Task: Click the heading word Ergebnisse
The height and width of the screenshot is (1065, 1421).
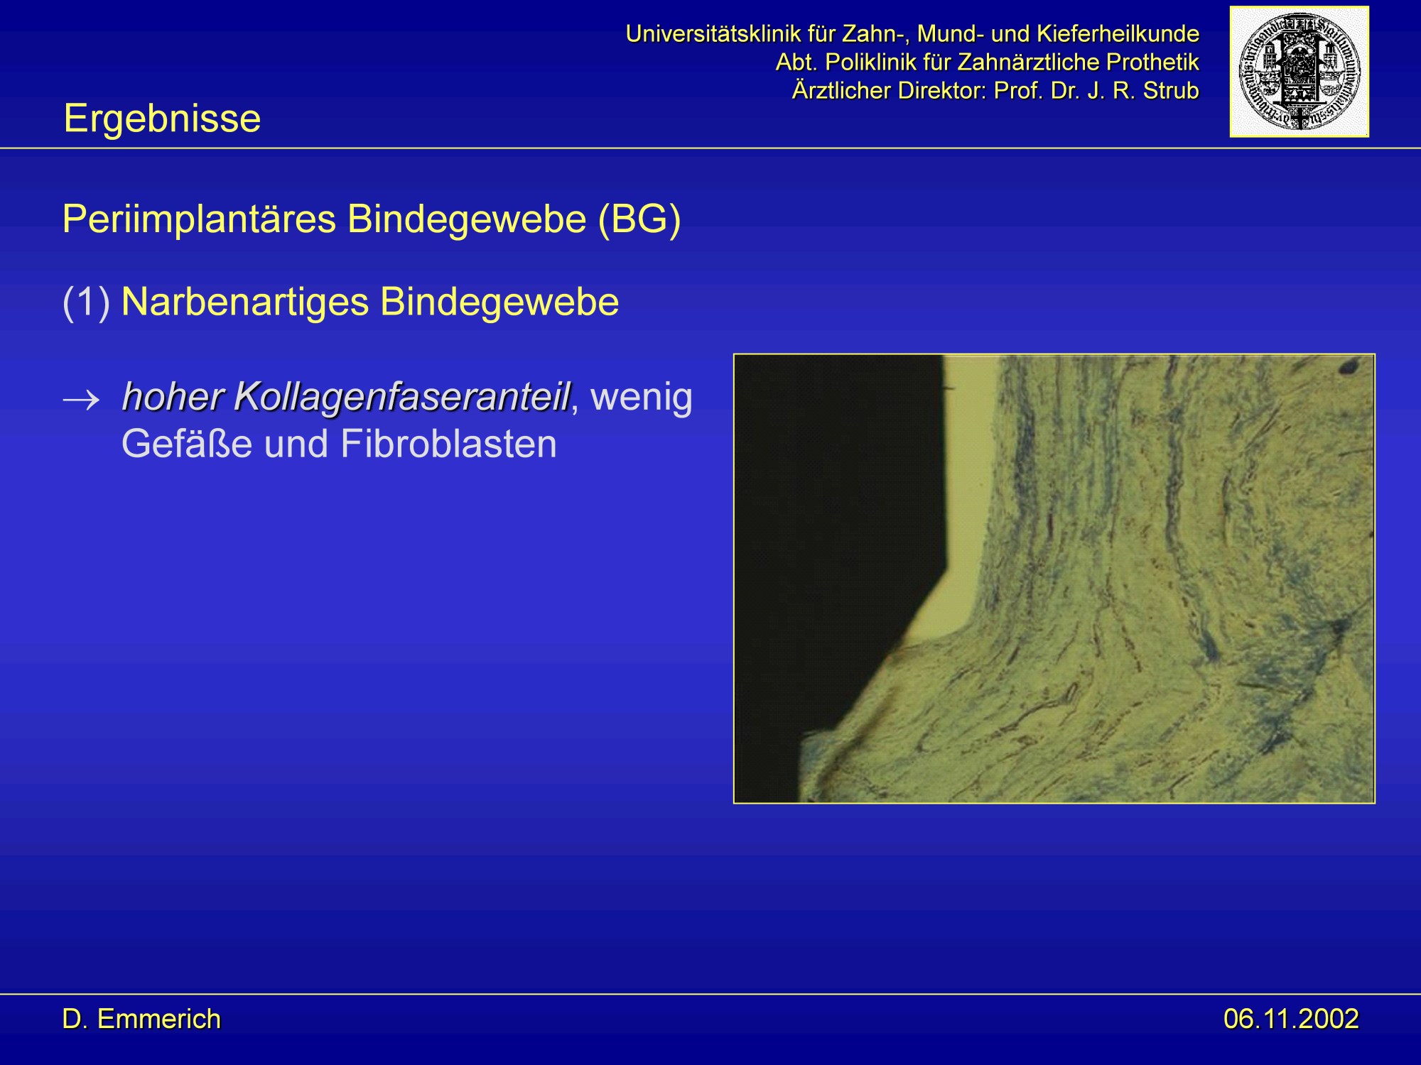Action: tap(162, 119)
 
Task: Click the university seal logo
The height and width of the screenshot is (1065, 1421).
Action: tap(1299, 71)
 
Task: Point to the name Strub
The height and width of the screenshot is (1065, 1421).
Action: tap(1171, 91)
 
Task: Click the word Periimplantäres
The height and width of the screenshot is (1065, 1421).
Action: tap(199, 219)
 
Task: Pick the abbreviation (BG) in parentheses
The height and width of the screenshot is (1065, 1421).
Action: tap(639, 219)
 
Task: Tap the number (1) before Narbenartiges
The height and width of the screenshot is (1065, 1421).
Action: tap(86, 302)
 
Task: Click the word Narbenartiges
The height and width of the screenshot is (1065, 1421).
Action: tap(244, 302)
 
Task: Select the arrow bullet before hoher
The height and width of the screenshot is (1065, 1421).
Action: tap(81, 400)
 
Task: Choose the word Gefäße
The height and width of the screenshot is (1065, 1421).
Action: tap(187, 444)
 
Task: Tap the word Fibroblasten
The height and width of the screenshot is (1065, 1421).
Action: tap(448, 444)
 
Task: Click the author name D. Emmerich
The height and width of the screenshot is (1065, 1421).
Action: tap(141, 1019)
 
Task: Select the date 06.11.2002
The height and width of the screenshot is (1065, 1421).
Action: tap(1291, 1019)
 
